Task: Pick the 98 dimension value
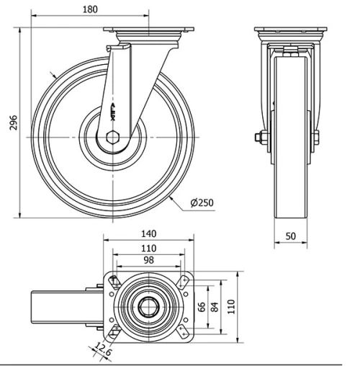pos(149,259)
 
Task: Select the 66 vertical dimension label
pos(202,305)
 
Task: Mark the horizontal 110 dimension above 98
pos(149,247)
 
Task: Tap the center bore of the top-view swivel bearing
pos(150,306)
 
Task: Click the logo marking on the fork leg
pos(118,111)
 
